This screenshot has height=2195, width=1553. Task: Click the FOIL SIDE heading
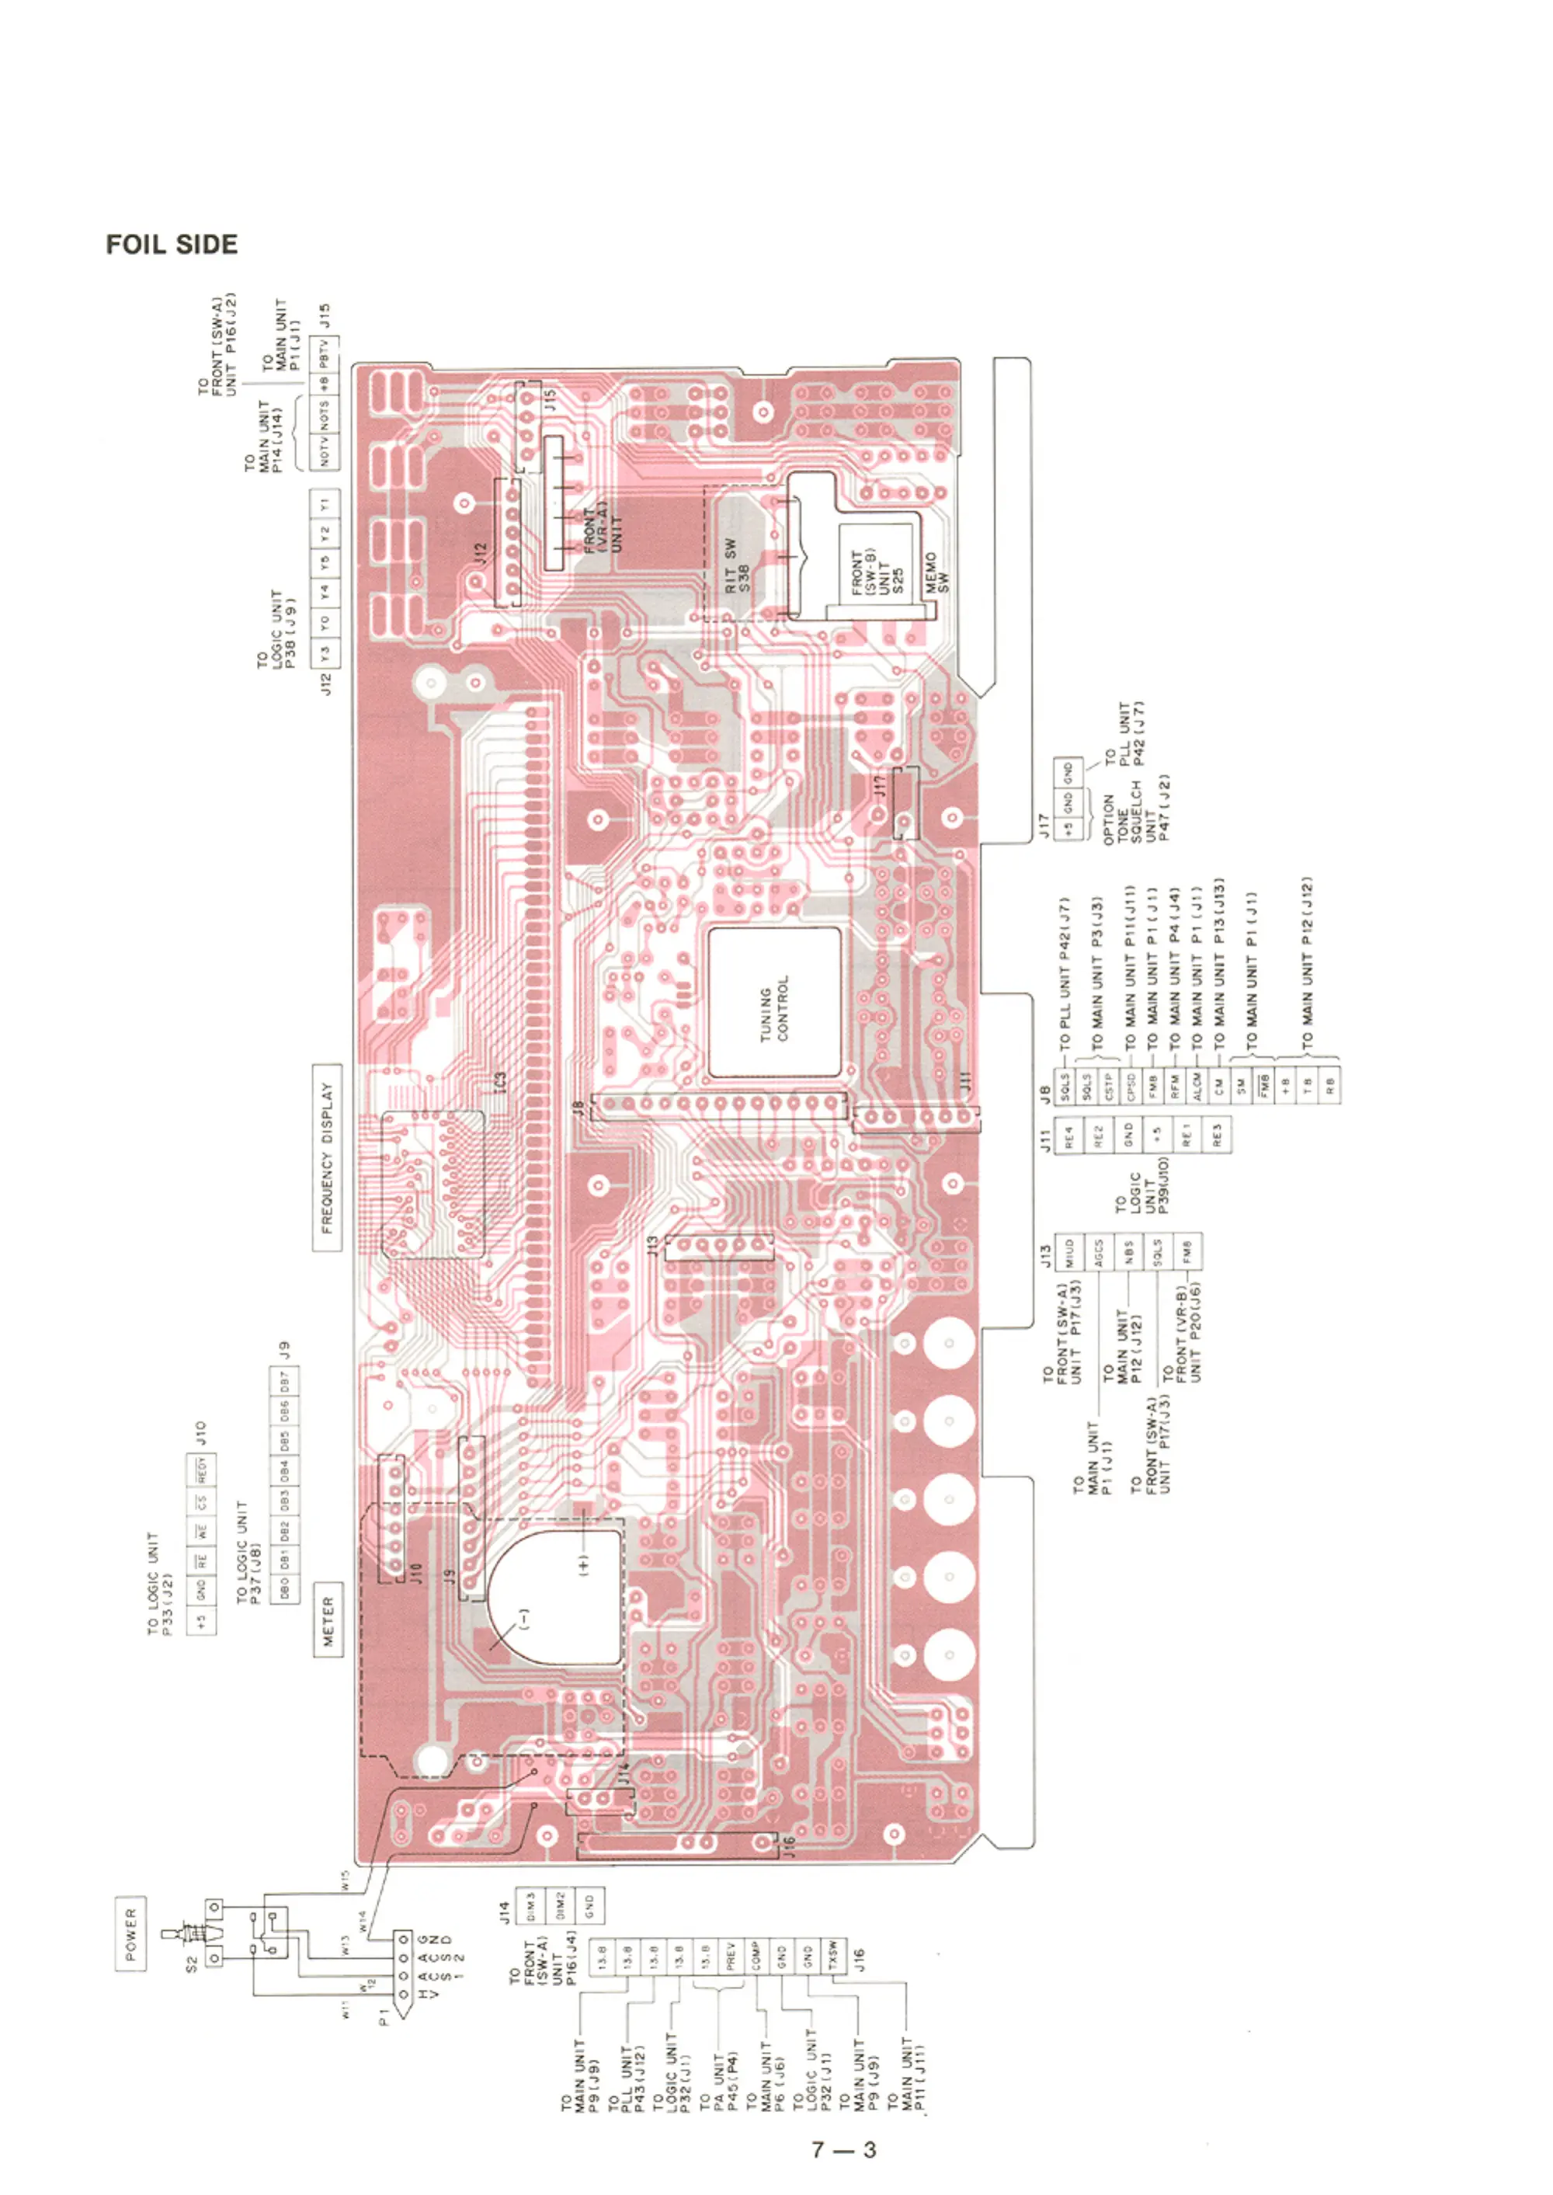172,245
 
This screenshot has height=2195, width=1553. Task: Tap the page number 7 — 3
843,2150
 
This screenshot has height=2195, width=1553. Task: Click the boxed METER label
328,1619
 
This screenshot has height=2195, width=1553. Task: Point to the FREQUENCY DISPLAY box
327,1157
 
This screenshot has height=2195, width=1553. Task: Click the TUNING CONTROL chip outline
775,1001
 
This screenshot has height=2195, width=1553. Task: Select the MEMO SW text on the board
938,571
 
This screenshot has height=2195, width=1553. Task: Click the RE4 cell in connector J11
1069,1136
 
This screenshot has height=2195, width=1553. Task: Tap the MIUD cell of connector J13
1069,1251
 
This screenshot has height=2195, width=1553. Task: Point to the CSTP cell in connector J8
1108,1084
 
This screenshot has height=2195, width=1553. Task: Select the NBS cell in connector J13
1128,1251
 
